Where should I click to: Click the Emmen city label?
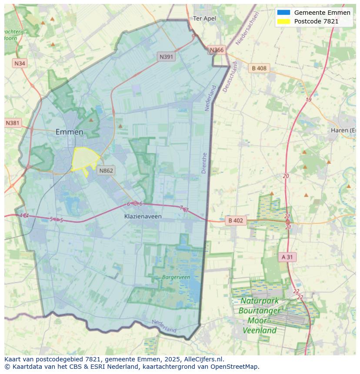[x=69, y=132]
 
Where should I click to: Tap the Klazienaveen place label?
[x=143, y=216]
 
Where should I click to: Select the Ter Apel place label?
[x=204, y=19]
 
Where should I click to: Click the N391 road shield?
[x=167, y=56]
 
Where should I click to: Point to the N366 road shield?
[x=217, y=50]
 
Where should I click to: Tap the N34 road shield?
[x=20, y=63]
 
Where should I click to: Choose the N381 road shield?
[x=13, y=123]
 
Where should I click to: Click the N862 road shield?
[x=106, y=170]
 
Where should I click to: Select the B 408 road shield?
[x=259, y=68]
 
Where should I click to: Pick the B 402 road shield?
[x=236, y=221]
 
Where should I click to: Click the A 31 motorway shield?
[x=287, y=257]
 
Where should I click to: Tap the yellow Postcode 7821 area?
[x=84, y=159]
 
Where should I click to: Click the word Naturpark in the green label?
[x=260, y=301]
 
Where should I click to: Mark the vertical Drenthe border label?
[x=204, y=163]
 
